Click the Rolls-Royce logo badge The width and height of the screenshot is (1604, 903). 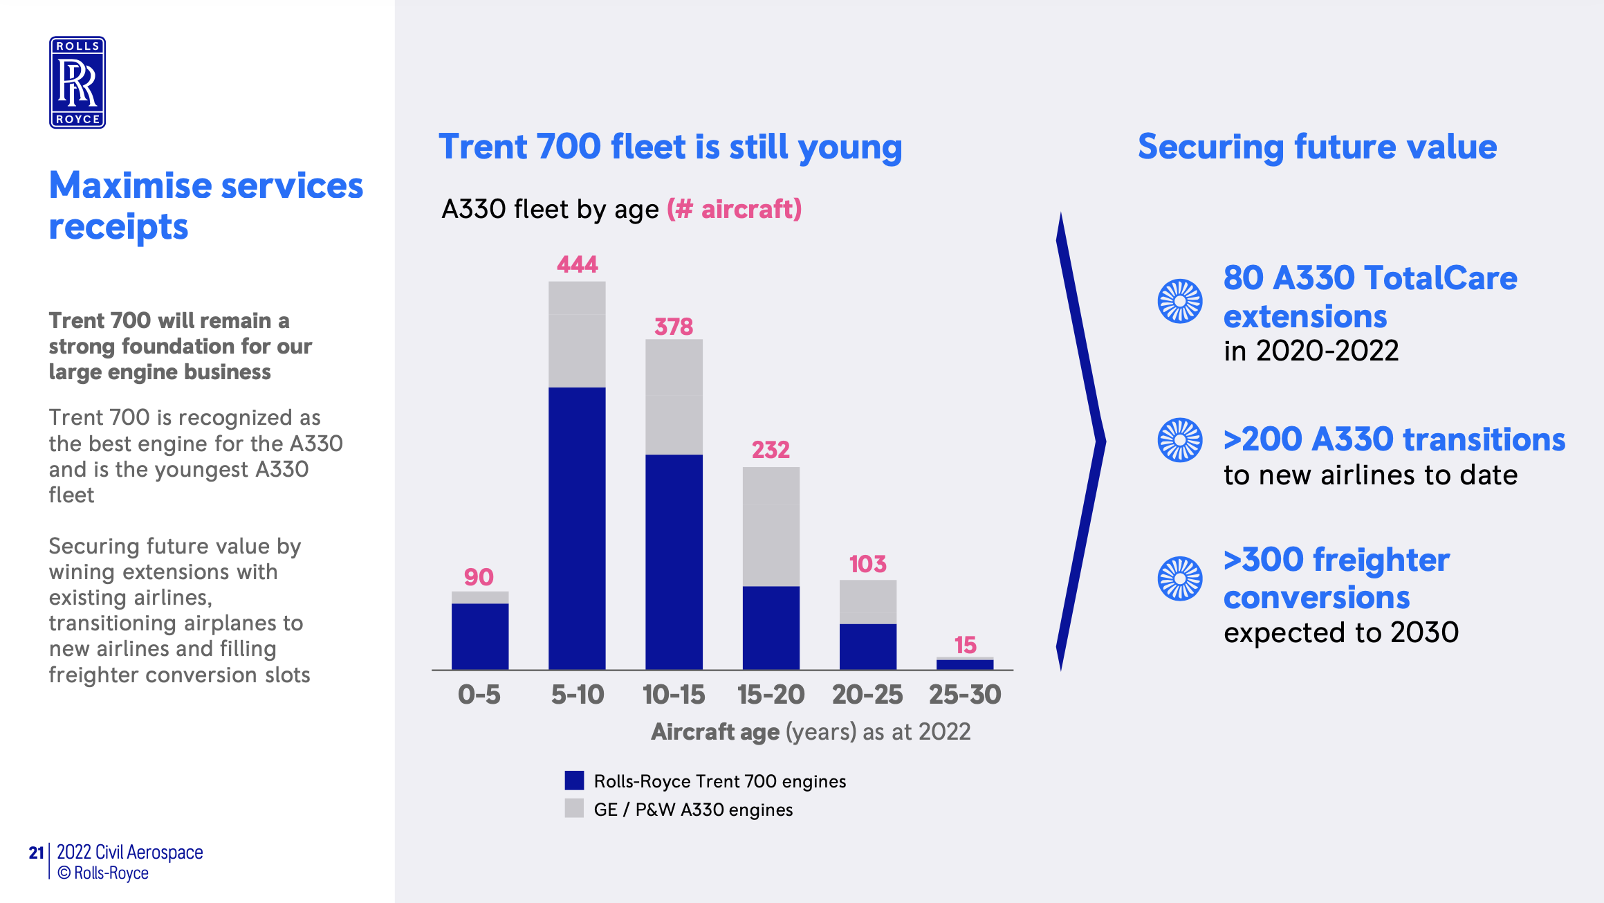[x=77, y=82]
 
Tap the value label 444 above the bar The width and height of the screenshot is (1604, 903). [x=578, y=264]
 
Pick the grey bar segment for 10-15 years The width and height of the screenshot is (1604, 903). [x=674, y=396]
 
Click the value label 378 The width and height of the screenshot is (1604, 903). [x=674, y=327]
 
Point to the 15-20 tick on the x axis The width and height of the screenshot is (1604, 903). [x=771, y=695]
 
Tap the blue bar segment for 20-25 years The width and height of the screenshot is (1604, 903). [x=868, y=646]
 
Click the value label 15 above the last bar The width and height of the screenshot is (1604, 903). [x=965, y=645]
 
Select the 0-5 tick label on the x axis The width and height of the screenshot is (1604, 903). [x=479, y=695]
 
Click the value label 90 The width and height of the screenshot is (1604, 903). [x=479, y=577]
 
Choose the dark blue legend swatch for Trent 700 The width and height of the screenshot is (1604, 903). [x=574, y=781]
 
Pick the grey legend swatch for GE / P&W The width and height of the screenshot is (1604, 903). [x=574, y=808]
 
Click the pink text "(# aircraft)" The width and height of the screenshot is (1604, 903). [x=734, y=209]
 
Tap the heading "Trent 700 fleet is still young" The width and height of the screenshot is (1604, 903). [x=670, y=147]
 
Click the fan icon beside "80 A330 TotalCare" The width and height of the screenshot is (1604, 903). [x=1180, y=301]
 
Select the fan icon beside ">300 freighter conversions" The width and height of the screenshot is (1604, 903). [x=1180, y=578]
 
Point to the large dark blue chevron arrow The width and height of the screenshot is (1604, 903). [x=1081, y=441]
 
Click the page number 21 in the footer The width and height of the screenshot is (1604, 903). [x=36, y=852]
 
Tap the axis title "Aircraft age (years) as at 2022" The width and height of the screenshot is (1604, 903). [x=811, y=732]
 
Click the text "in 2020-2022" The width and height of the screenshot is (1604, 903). [x=1311, y=351]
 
